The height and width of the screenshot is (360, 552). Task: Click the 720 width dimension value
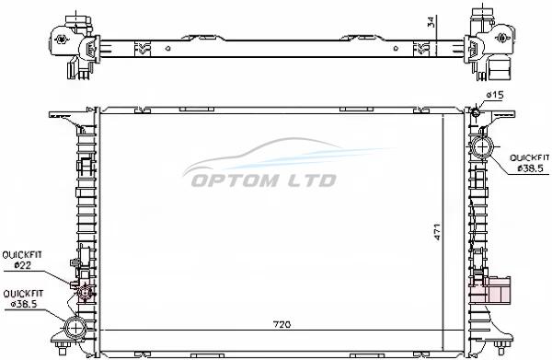tap(282, 324)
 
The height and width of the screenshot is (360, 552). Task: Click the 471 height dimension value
tap(437, 231)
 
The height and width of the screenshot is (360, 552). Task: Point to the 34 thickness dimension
tap(431, 22)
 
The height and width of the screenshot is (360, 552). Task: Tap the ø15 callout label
tap(495, 95)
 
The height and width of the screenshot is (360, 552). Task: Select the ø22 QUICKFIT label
tap(22, 260)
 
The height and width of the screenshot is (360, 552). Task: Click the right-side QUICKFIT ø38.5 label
tap(530, 163)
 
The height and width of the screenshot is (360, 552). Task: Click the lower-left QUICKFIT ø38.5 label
tap(23, 298)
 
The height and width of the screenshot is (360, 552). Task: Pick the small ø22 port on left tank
tap(85, 293)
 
